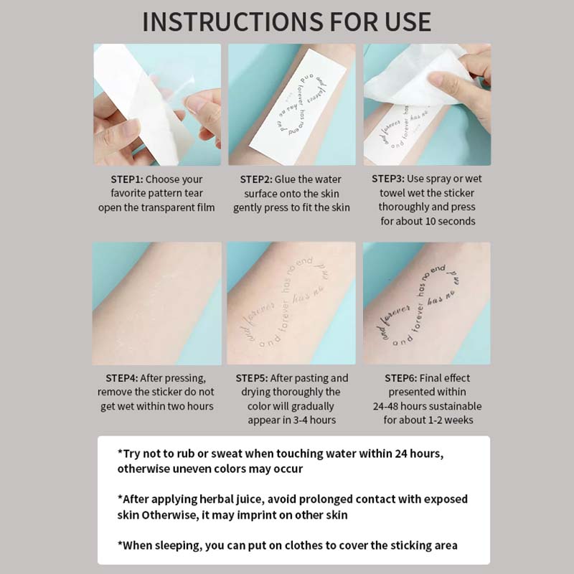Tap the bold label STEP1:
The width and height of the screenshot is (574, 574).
(132, 179)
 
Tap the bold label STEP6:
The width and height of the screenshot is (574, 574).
(406, 378)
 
